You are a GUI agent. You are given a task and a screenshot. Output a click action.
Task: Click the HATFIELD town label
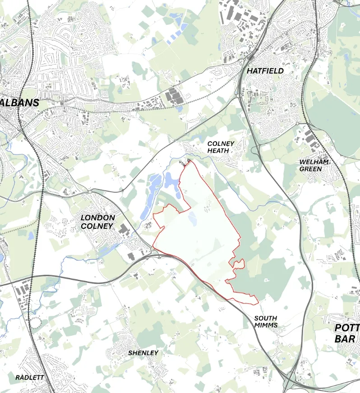tap(265, 71)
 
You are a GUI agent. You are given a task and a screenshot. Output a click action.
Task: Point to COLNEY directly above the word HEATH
tap(221, 143)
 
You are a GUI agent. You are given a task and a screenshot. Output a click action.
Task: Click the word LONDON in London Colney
tap(97, 217)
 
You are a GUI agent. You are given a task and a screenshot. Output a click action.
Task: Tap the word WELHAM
tap(314, 162)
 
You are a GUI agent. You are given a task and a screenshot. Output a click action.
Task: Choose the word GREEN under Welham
tap(311, 169)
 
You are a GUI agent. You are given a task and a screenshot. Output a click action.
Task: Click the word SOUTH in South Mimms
tap(265, 318)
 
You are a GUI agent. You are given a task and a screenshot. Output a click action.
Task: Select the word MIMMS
tap(265, 325)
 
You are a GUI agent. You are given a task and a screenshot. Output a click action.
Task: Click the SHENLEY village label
tap(143, 352)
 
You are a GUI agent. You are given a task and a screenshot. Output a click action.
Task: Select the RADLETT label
tap(30, 377)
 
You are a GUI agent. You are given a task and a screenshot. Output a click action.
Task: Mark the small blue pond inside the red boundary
tap(192, 219)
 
